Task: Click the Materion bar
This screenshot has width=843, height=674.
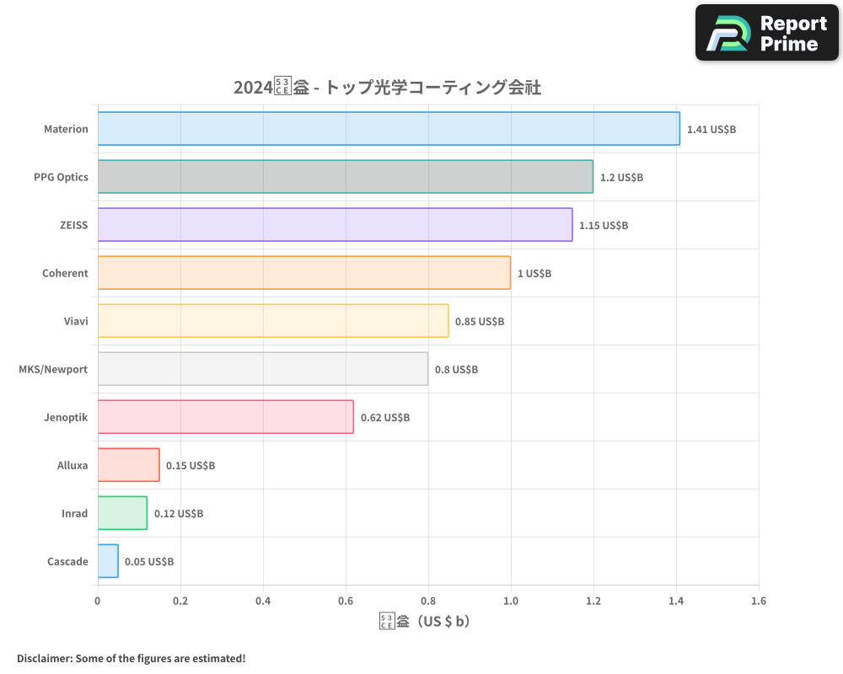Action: (389, 129)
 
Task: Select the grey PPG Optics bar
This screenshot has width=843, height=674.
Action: (346, 177)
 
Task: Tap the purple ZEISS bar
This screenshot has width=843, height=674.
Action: (335, 225)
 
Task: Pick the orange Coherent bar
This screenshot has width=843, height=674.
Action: (303, 273)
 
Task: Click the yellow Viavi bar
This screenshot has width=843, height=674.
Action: (273, 321)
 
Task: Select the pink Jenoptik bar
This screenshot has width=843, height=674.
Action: (225, 417)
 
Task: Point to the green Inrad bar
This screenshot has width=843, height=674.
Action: (122, 513)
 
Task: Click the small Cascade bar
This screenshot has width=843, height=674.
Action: (108, 561)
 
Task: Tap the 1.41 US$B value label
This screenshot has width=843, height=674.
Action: (711, 130)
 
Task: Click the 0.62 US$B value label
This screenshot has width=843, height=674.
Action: (385, 418)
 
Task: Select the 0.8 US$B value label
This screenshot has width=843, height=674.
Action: (456, 370)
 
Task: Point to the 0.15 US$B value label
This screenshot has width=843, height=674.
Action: (191, 466)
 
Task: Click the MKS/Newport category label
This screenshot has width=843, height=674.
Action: (53, 369)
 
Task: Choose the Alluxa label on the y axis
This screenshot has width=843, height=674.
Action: (72, 465)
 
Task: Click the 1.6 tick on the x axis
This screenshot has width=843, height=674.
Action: (758, 601)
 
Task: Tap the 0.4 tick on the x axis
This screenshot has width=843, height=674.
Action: (263, 601)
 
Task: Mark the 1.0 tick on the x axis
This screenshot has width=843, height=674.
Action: (510, 601)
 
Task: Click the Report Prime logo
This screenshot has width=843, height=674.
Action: (767, 33)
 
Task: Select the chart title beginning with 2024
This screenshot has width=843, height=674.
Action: (387, 87)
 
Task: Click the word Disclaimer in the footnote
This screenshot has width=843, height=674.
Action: (45, 658)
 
